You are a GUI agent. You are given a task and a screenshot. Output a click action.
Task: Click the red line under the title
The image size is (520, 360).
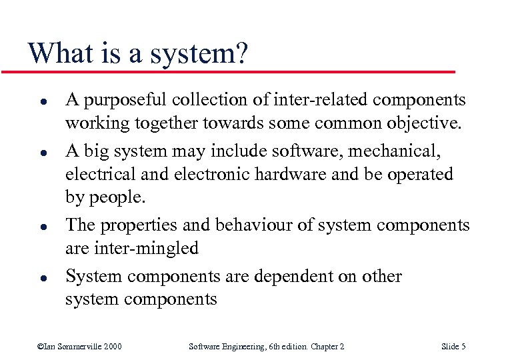(227, 71)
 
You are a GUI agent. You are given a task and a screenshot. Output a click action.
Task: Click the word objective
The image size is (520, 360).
(423, 124)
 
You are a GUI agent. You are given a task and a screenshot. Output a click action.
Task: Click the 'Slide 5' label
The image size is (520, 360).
(453, 346)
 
